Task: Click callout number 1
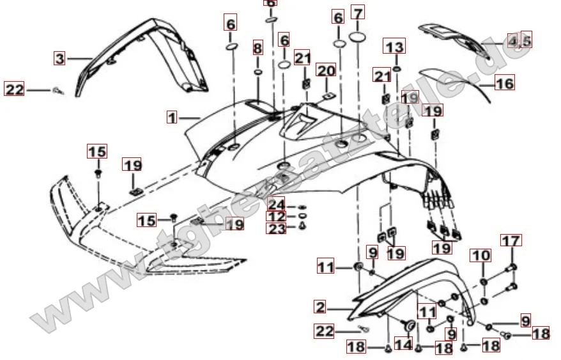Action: coord(172,118)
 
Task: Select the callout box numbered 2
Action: coord(321,307)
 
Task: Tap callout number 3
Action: coord(59,59)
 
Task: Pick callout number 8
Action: coord(257,48)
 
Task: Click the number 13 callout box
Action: coord(395,47)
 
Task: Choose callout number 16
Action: coord(503,83)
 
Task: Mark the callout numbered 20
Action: coord(326,70)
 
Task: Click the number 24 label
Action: coord(277,205)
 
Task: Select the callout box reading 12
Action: coord(277,216)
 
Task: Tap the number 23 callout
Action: coord(277,228)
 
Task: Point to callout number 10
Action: coord(481,256)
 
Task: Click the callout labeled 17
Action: coord(511,241)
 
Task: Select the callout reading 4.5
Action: coord(519,41)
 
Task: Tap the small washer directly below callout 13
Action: coord(397,67)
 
